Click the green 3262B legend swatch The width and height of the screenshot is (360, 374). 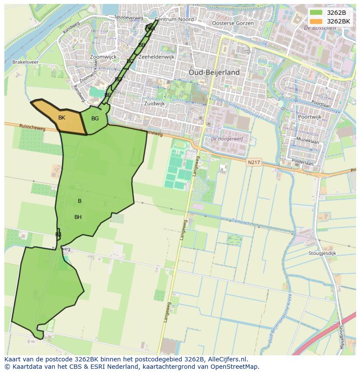316,13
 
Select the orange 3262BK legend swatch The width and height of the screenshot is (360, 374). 316,21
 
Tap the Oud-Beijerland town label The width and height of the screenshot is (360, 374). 214,73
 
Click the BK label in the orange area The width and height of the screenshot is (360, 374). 62,118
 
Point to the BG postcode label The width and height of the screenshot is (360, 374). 95,119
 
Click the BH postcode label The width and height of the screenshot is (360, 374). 78,217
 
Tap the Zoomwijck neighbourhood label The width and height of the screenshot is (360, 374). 103,57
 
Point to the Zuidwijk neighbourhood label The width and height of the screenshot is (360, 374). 154,104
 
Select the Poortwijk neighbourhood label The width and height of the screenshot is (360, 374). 310,117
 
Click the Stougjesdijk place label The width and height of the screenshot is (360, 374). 323,253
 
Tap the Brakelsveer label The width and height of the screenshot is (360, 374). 25,62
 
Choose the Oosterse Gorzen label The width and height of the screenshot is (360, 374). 233,23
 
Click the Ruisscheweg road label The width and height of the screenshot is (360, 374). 32,126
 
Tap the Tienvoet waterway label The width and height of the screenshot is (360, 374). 240,222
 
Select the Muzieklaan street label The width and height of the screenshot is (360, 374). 307,142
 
